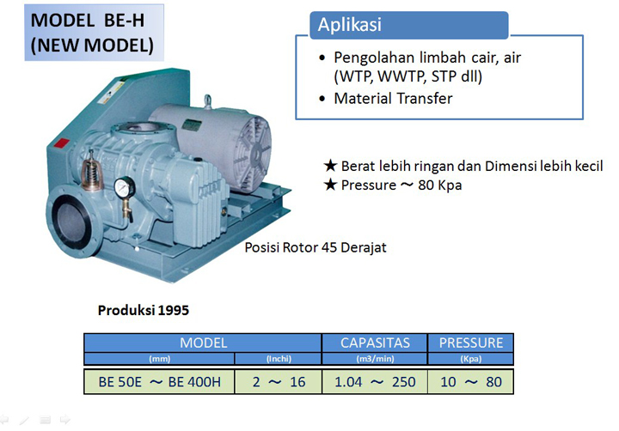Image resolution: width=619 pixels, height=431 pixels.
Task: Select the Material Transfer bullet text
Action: click(x=394, y=99)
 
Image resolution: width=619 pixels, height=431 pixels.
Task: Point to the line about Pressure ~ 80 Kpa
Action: click(x=401, y=185)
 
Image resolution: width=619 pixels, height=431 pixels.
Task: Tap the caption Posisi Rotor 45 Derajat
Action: click(x=316, y=247)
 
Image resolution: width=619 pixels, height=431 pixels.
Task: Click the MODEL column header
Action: click(x=203, y=343)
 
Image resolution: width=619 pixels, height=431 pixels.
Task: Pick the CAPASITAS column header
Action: click(x=374, y=343)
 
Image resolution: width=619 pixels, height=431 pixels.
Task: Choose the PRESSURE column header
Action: click(x=470, y=343)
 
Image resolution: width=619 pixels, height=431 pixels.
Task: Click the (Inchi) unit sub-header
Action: click(x=277, y=359)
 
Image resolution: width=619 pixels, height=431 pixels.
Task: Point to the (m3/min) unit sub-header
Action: click(x=374, y=359)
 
